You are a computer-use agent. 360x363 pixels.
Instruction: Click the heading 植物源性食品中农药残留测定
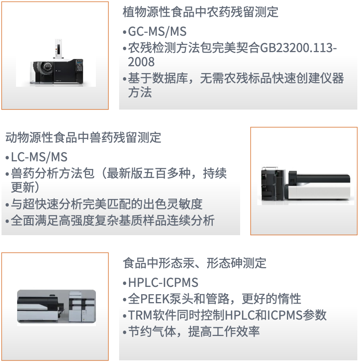[x=200, y=12]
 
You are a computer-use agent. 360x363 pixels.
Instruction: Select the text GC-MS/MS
[x=157, y=32]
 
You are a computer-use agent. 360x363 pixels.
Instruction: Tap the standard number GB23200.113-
[x=298, y=48]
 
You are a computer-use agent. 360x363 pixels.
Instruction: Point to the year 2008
[x=141, y=62]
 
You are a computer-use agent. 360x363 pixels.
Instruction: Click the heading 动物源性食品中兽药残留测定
[x=83, y=137]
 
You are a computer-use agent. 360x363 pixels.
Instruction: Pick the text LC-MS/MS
[x=39, y=157]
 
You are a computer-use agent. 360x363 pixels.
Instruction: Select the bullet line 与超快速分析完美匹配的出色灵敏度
[x=107, y=204]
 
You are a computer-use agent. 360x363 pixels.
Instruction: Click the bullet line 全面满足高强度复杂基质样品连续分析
[x=113, y=220]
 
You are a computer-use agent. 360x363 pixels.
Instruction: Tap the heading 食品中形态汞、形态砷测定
[x=194, y=263]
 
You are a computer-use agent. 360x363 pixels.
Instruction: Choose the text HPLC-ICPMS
[x=163, y=282]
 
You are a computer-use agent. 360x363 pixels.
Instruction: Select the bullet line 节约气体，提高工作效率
[x=194, y=331]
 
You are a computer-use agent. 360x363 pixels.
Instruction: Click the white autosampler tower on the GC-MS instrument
[x=59, y=49]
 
